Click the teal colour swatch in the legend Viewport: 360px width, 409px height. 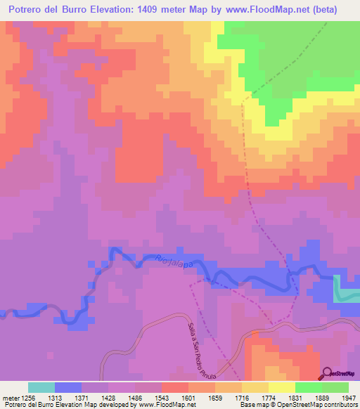pos(41,387)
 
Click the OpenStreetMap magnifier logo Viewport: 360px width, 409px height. pos(328,372)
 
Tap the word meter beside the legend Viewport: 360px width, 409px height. pos(11,397)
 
